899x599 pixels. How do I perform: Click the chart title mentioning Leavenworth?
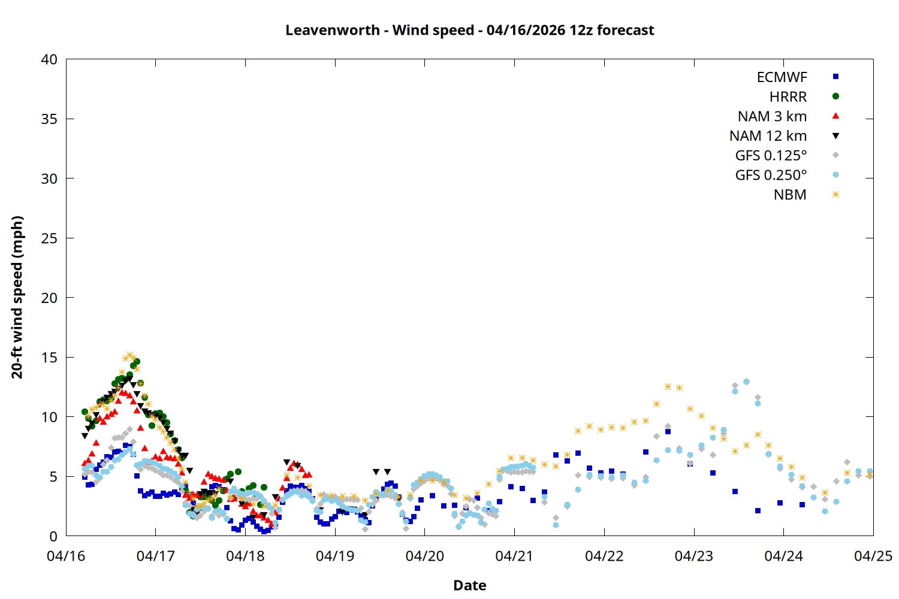pyautogui.click(x=469, y=30)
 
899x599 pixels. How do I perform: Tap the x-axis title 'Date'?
pyautogui.click(x=469, y=585)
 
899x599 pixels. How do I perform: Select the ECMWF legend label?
pyautogui.click(x=782, y=77)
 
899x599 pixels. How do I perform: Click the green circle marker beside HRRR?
pyautogui.click(x=835, y=96)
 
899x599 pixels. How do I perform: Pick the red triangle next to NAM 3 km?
pyautogui.click(x=835, y=116)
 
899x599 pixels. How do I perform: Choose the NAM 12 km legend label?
pyautogui.click(x=768, y=136)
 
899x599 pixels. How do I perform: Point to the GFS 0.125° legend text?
pyautogui.click(x=771, y=156)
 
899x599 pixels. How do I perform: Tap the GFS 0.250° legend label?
pyautogui.click(x=771, y=176)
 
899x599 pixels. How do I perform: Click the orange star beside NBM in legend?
pyautogui.click(x=835, y=195)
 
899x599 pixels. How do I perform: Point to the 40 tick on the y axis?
pyautogui.click(x=49, y=59)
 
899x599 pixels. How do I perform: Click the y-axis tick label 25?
pyautogui.click(x=49, y=238)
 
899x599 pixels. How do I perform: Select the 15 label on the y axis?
pyautogui.click(x=49, y=358)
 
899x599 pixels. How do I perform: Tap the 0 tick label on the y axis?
pyautogui.click(x=53, y=536)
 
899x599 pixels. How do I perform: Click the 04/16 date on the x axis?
pyautogui.click(x=66, y=556)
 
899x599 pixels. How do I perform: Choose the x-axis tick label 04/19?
pyautogui.click(x=335, y=556)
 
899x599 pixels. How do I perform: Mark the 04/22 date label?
pyautogui.click(x=604, y=556)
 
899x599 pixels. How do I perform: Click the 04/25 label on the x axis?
pyautogui.click(x=873, y=556)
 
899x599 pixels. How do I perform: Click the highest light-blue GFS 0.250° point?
pyautogui.click(x=746, y=382)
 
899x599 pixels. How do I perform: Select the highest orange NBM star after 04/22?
pyautogui.click(x=668, y=386)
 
